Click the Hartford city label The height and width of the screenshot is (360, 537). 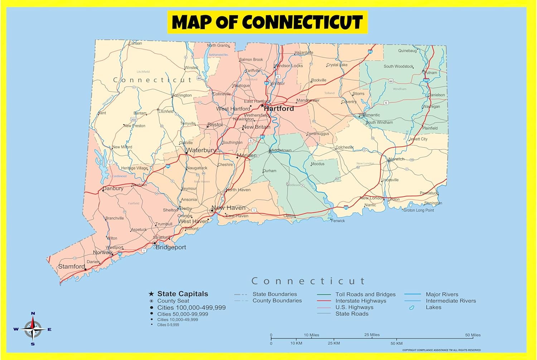[x=279, y=109]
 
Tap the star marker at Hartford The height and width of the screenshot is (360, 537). [x=262, y=106]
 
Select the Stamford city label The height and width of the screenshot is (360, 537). [x=72, y=267]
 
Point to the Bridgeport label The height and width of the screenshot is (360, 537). [x=171, y=247]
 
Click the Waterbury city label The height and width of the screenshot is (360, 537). [x=201, y=150]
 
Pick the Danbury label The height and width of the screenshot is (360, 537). [x=113, y=188]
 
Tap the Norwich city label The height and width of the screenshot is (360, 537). [x=397, y=159]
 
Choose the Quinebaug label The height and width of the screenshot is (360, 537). [x=407, y=51]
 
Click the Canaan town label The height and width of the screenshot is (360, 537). [x=135, y=43]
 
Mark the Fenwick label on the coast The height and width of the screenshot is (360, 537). [x=338, y=221]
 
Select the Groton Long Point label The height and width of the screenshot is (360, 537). [x=419, y=210]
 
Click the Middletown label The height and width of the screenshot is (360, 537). [x=281, y=150]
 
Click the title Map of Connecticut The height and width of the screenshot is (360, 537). [x=267, y=22]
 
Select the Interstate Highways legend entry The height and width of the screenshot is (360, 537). [x=361, y=301]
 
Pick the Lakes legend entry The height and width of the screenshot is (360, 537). [x=433, y=307]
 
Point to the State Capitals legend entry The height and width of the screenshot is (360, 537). [x=183, y=294]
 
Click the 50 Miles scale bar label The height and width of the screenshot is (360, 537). [x=473, y=335]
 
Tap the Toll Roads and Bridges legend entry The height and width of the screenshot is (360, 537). [x=365, y=294]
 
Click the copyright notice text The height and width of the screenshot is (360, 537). [x=441, y=350]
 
